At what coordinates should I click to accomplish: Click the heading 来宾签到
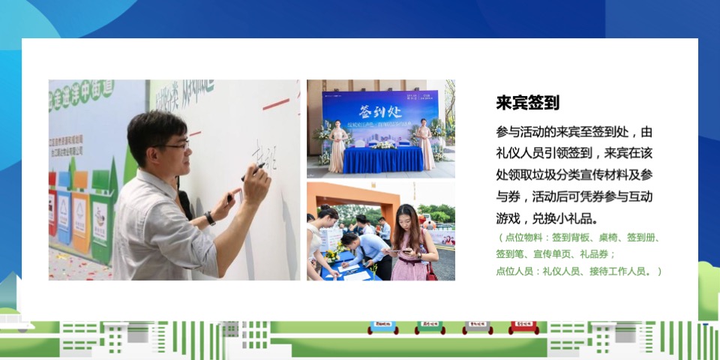coord(527,103)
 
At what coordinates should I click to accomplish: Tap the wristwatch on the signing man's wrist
coord(210,218)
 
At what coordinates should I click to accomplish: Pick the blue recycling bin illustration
coord(64,213)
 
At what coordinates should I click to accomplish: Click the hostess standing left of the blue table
coord(338,144)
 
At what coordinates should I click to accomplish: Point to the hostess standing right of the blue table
coord(427,144)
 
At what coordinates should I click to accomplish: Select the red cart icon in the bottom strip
coord(523,327)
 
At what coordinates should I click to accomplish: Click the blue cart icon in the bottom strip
coord(382,327)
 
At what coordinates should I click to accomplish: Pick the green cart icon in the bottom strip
coord(430,327)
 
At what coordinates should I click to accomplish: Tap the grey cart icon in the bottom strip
coord(477,327)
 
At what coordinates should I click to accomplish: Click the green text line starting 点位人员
coord(578,271)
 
